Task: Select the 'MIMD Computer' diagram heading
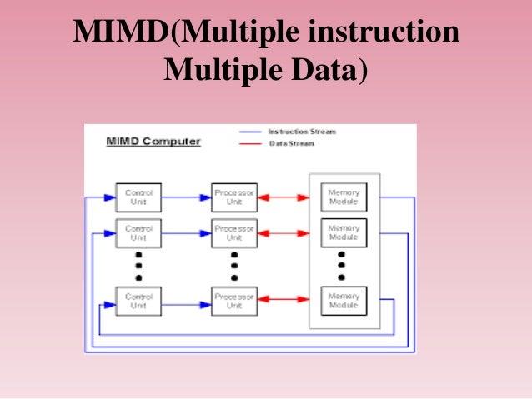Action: click(153, 142)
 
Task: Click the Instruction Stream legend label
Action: click(302, 132)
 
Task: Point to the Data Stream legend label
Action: click(292, 143)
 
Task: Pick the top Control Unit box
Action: click(138, 197)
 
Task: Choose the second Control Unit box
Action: click(138, 232)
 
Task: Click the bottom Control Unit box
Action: click(138, 301)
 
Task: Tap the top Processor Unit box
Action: click(233, 197)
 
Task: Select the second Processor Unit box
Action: click(233, 232)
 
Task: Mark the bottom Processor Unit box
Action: click(233, 301)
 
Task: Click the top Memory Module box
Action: click(344, 197)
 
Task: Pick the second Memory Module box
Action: click(344, 232)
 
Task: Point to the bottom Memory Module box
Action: click(344, 301)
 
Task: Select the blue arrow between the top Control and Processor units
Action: click(187, 197)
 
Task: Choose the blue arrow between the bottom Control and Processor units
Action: click(187, 303)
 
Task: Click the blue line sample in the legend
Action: click(251, 132)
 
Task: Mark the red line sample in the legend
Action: click(251, 143)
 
